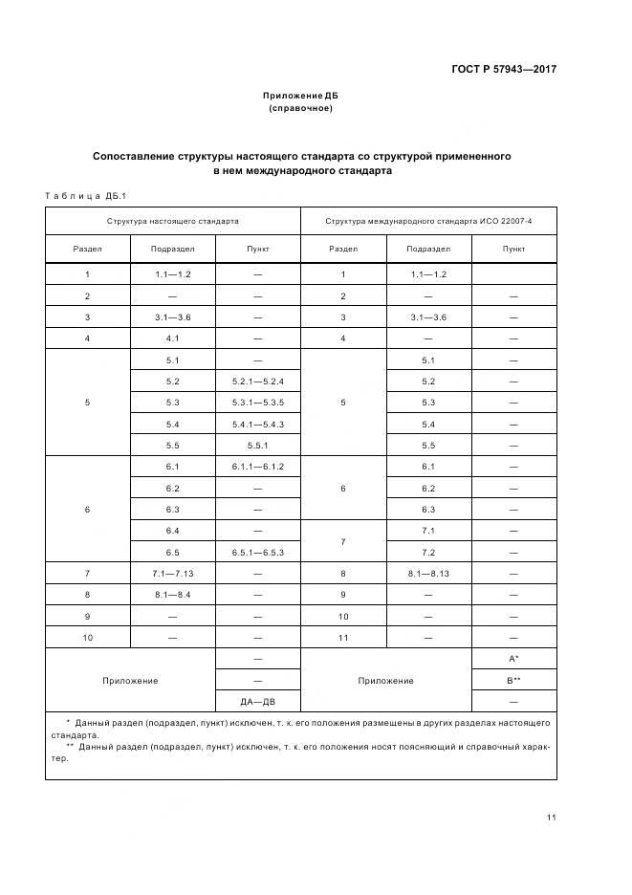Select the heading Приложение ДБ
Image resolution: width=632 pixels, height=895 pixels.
click(x=300, y=97)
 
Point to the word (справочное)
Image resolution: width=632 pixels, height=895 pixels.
click(x=300, y=109)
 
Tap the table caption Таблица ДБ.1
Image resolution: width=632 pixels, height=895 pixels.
click(x=79, y=196)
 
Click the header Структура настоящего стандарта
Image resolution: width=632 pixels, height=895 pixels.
click(x=173, y=221)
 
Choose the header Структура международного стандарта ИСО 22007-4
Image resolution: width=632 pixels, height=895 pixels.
click(x=428, y=221)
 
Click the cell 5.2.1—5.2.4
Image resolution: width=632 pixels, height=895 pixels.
click(x=258, y=382)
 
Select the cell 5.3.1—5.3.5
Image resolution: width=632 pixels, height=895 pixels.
click(x=258, y=403)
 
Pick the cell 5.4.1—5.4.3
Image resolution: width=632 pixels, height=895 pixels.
click(x=258, y=425)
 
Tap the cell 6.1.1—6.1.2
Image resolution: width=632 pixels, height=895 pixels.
click(x=258, y=467)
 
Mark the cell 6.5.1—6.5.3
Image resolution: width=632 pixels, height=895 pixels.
click(x=258, y=553)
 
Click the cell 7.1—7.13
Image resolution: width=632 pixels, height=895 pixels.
click(x=173, y=574)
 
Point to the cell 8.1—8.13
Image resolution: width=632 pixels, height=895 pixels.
click(x=428, y=574)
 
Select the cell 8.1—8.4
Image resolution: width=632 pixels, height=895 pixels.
click(x=173, y=595)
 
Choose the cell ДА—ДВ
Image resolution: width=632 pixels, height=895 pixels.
click(x=258, y=702)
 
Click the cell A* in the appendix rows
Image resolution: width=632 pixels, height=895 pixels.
click(x=513, y=660)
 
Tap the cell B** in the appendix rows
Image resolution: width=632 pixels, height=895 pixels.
click(x=513, y=681)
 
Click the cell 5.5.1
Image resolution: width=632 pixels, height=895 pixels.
click(x=258, y=446)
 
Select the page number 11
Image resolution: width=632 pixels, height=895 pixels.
click(x=552, y=817)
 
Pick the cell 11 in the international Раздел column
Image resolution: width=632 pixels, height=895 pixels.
click(x=343, y=638)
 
